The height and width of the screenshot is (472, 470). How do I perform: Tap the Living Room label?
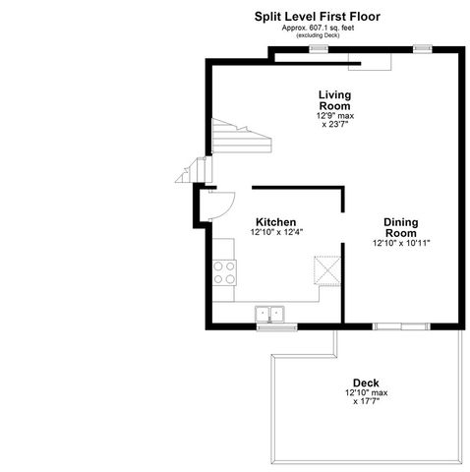tap(334, 100)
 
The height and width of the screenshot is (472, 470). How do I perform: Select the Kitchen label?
tap(276, 222)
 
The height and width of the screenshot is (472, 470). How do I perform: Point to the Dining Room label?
tap(401, 227)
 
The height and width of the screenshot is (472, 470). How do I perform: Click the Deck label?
tap(366, 383)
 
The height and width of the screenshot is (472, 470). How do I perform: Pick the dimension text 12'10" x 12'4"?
tap(276, 233)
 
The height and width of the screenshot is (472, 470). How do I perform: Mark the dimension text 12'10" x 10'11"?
tap(401, 243)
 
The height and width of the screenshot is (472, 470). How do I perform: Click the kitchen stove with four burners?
tap(224, 271)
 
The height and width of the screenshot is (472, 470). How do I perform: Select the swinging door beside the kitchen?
tap(217, 204)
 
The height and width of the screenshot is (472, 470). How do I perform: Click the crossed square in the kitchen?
tap(325, 269)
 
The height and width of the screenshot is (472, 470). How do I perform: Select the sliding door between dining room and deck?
tap(400, 324)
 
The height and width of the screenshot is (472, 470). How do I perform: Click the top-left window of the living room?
tap(319, 47)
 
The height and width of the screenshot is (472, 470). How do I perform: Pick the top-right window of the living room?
tap(422, 47)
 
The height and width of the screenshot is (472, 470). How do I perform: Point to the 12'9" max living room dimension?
tap(334, 116)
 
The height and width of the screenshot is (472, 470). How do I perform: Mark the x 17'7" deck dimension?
tap(366, 401)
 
